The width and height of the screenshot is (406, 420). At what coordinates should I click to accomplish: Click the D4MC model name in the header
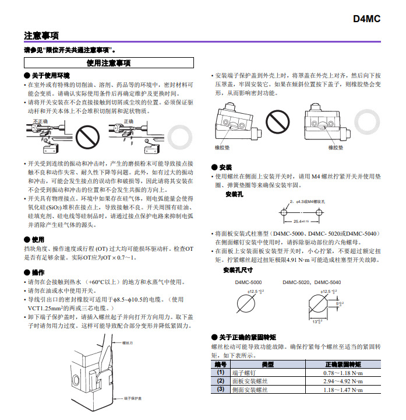pos(366,19)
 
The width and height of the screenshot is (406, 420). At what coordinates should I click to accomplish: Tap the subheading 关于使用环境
pos(50,75)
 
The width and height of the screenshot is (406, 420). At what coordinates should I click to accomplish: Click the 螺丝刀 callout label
pos(128,343)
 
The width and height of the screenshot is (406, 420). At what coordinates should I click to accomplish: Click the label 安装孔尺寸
pos(238,269)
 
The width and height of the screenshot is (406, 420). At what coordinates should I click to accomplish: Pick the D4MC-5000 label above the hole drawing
pos(248,282)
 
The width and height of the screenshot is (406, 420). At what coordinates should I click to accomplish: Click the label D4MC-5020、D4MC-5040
pos(312,282)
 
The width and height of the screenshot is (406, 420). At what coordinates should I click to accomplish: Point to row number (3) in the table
pos(220,389)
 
